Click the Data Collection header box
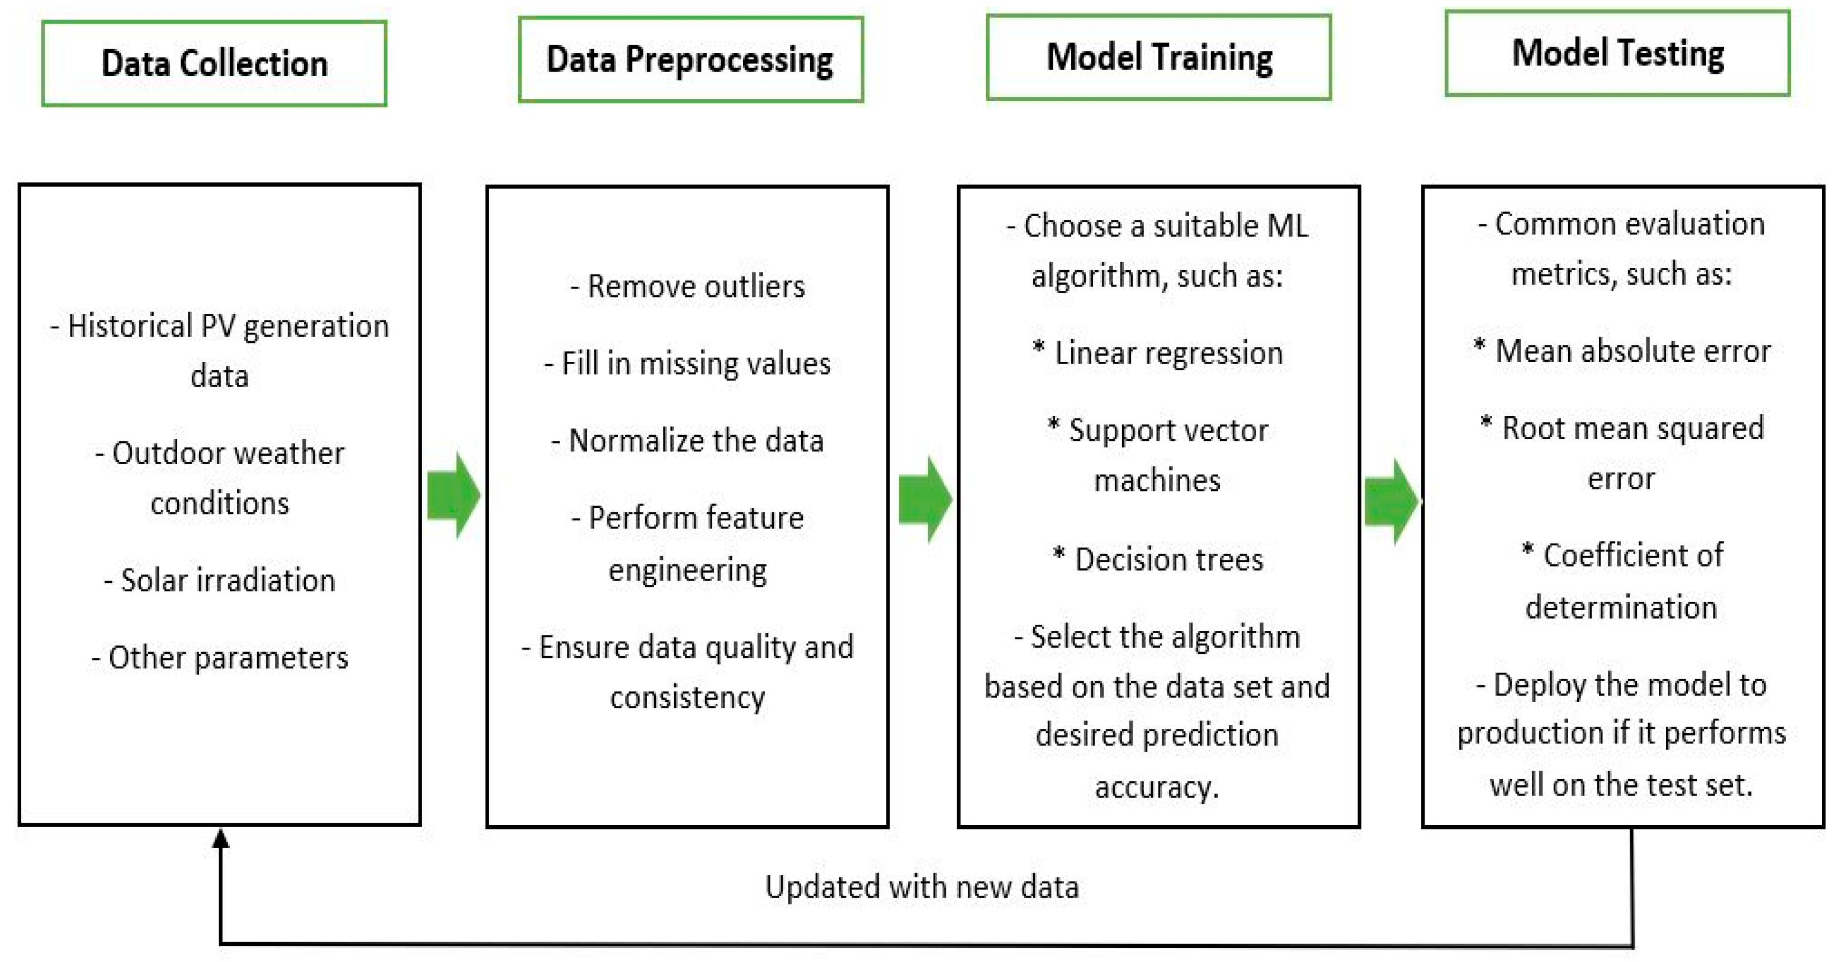click(214, 63)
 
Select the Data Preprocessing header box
click(690, 60)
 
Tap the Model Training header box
click(1159, 57)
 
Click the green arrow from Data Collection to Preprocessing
click(454, 495)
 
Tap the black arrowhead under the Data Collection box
click(221, 838)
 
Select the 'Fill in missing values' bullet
click(688, 364)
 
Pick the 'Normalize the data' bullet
click(688, 441)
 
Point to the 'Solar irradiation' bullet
click(220, 581)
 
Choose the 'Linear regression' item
click(1158, 353)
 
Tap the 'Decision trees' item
click(1158, 560)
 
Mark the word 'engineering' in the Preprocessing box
click(688, 570)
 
